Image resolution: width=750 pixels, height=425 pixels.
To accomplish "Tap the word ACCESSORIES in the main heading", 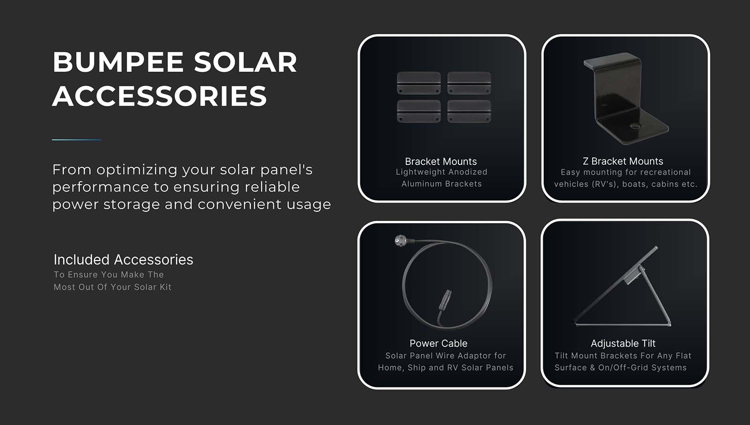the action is click(x=160, y=96).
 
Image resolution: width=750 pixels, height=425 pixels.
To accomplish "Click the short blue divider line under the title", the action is click(x=77, y=140).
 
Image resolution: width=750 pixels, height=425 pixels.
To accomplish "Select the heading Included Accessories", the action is click(x=124, y=260).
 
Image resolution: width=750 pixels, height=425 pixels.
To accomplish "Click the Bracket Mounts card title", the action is click(x=441, y=162).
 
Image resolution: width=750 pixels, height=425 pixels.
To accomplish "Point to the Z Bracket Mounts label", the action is click(x=623, y=161).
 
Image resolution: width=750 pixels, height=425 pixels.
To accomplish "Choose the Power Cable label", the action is click(x=438, y=343).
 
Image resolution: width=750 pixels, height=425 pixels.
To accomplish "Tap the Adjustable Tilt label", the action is click(x=623, y=343).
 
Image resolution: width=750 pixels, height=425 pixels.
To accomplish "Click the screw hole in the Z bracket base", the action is click(x=635, y=126).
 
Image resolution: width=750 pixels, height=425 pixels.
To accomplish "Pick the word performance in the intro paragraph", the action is click(x=100, y=187).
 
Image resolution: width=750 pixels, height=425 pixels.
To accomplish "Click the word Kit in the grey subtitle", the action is click(x=166, y=287).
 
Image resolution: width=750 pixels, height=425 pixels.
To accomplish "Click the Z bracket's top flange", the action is click(x=612, y=61).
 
